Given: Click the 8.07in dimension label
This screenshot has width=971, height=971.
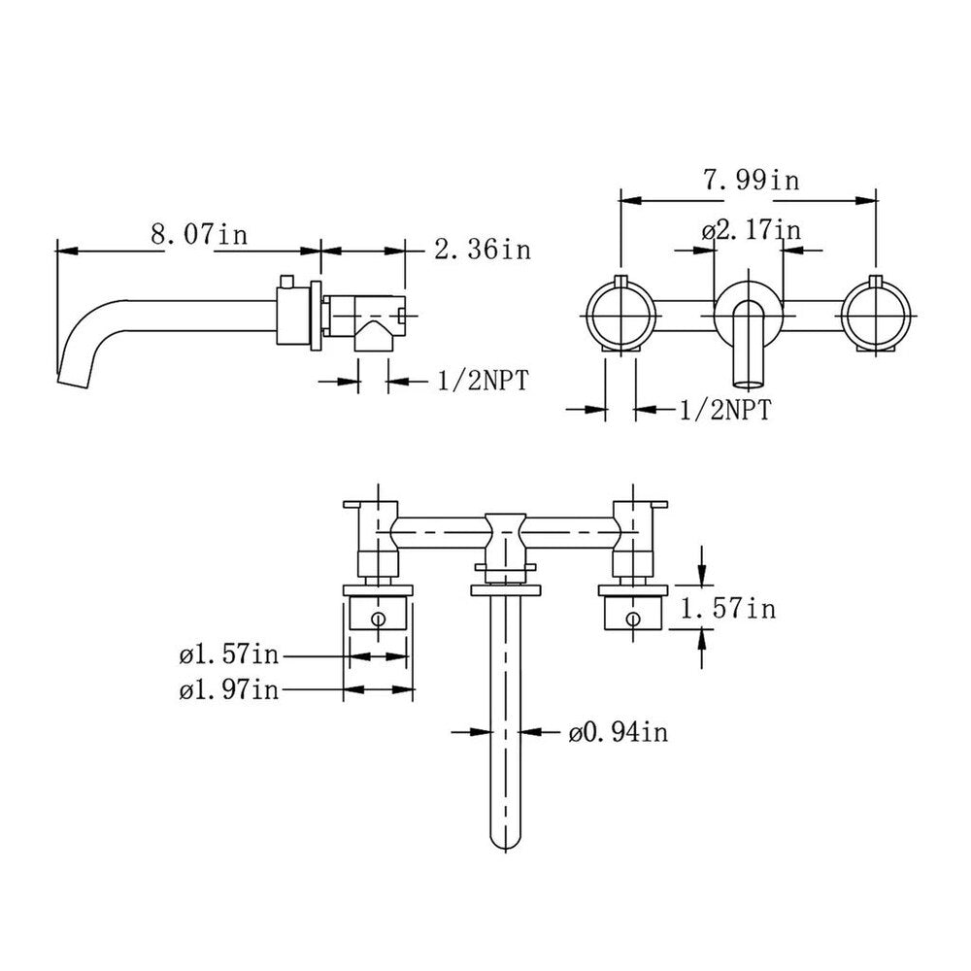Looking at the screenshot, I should (198, 235).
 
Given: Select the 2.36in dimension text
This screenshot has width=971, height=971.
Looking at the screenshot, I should (483, 251).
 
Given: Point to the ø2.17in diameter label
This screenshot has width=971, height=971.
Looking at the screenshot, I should (751, 231).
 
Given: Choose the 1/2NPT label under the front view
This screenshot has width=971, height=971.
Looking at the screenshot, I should (723, 411).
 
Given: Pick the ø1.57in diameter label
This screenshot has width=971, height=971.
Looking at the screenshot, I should (229, 656).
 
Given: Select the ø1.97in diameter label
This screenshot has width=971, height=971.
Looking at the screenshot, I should (229, 690).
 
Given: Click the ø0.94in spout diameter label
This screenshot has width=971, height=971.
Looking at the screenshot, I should (618, 733).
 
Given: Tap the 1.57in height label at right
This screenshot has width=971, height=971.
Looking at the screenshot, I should (728, 609).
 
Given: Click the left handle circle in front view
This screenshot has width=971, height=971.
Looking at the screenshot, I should (623, 315).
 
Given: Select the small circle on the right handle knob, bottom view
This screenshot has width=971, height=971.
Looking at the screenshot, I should (632, 617).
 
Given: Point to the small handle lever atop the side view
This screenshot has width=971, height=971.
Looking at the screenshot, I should (285, 282).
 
